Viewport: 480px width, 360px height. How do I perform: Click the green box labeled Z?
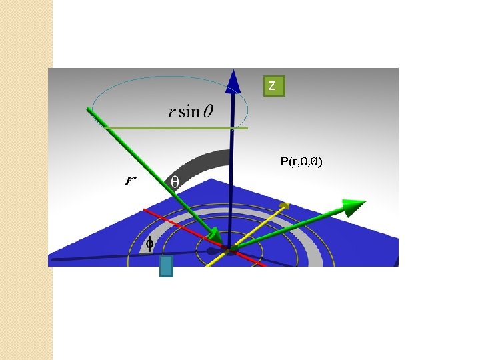[272, 86]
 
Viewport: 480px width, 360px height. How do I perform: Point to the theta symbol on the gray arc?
[174, 181]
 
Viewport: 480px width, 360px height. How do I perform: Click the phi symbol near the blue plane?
[150, 245]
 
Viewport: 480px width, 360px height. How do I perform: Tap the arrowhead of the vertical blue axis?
[233, 81]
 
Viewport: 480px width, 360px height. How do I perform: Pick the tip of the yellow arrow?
[286, 204]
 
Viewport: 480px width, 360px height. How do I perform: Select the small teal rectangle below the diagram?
[166, 266]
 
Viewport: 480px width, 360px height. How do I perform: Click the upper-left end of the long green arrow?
[89, 109]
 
